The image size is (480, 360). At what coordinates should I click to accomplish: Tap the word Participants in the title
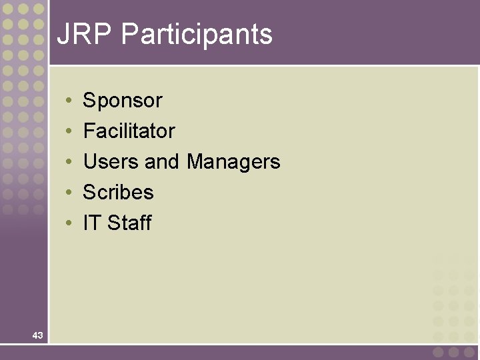tap(197, 35)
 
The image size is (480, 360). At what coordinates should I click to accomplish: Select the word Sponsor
tap(123, 101)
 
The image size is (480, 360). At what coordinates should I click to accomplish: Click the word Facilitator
tap(129, 131)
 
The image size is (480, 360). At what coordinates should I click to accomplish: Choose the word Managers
tap(233, 161)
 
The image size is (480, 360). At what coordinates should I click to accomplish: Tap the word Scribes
tap(118, 192)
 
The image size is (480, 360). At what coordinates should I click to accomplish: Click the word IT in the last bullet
tap(91, 223)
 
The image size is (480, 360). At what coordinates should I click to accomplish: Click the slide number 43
tap(37, 335)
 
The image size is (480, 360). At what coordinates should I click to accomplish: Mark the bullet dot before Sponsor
tap(69, 101)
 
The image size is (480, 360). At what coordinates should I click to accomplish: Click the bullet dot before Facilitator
tap(69, 132)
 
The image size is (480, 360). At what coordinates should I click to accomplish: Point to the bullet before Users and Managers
tap(69, 163)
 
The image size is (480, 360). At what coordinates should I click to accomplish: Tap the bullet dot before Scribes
tap(69, 193)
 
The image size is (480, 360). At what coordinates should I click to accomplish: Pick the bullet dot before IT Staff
tap(69, 224)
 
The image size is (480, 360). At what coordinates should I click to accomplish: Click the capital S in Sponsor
tap(89, 101)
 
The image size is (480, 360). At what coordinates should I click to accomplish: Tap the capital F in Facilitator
tap(88, 131)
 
